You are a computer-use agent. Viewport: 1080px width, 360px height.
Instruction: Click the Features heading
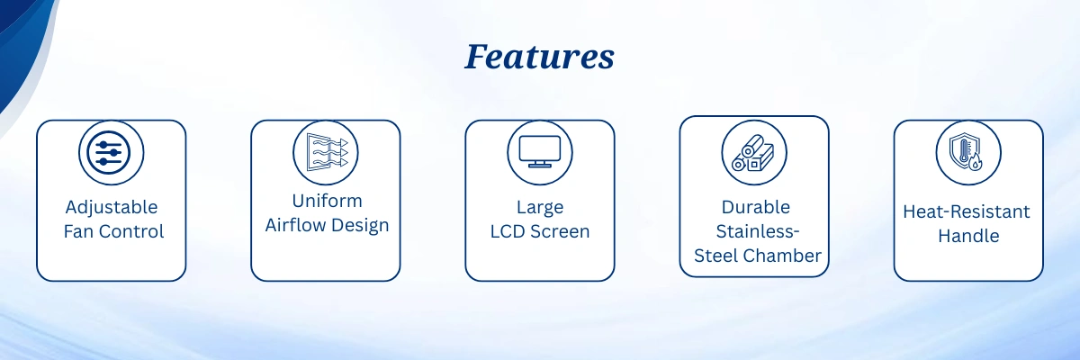539,57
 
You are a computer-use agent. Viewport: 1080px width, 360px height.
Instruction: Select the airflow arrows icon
327,152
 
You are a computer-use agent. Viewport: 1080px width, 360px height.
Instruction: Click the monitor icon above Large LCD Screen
539,152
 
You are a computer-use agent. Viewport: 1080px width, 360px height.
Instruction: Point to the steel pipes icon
752,153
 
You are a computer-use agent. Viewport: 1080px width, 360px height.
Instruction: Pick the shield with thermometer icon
967,152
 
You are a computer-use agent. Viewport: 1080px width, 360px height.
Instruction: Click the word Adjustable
112,208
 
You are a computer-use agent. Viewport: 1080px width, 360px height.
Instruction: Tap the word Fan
78,231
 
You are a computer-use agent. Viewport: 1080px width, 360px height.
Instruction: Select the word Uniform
327,201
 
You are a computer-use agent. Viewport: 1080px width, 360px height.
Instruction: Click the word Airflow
295,225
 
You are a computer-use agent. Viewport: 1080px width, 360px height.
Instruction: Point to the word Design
360,226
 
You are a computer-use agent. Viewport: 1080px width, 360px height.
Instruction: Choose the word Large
540,208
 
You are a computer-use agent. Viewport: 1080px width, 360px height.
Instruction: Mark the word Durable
755,207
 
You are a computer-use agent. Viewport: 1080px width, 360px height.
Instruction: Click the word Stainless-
758,231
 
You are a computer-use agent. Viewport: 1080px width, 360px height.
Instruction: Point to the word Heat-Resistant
967,211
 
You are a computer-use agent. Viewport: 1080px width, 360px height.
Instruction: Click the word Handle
968,236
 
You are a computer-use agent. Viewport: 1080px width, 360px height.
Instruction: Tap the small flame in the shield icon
976,162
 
